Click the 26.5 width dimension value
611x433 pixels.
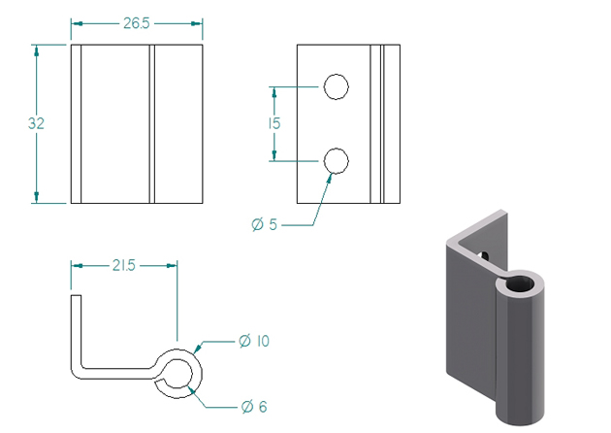point(137,23)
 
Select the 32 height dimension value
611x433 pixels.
point(36,123)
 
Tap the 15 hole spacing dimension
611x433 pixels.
point(273,123)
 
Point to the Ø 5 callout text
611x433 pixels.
point(264,224)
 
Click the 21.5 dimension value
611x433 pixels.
point(124,266)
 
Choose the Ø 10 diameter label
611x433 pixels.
point(254,341)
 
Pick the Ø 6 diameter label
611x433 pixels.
point(254,407)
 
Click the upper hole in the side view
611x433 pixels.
point(337,86)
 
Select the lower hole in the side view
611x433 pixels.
point(337,161)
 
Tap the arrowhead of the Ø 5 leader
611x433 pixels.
point(330,178)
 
